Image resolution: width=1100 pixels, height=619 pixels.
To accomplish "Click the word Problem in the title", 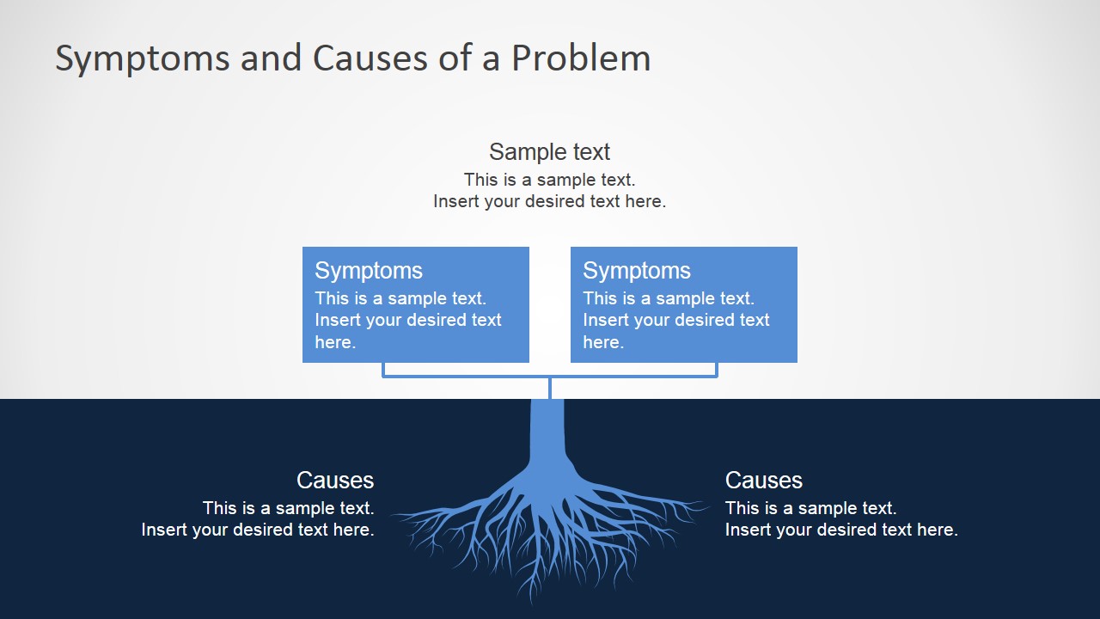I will (581, 58).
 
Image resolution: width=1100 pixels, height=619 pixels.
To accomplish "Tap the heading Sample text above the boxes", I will (549, 152).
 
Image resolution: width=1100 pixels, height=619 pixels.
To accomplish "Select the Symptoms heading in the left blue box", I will (369, 270).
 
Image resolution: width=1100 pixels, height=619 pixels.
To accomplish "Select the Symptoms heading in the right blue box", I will (637, 270).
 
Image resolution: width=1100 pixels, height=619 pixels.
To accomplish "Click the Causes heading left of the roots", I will (335, 480).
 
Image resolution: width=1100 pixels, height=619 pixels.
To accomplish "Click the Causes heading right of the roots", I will (764, 480).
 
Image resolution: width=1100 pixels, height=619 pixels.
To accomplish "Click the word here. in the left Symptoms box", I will (335, 342).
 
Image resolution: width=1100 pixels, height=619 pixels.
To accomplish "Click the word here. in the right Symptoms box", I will (603, 342).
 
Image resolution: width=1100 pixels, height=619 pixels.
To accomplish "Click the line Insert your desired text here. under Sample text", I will (549, 201).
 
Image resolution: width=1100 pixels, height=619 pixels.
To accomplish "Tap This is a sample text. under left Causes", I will (289, 508).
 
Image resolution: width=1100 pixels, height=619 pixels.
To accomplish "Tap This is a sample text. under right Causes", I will (810, 508).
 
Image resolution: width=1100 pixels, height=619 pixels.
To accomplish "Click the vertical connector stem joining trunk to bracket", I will (550, 388).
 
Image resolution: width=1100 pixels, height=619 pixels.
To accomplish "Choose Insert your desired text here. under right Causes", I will (841, 530).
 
